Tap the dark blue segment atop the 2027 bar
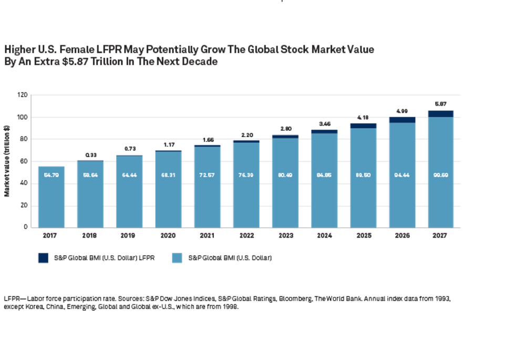click(440, 114)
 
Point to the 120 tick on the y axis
click(22, 95)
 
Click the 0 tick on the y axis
click(25, 228)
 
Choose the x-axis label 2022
click(246, 236)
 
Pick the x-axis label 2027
click(440, 236)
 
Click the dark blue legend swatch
click(43, 258)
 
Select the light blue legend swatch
click(177, 258)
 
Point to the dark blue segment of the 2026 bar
click(401, 120)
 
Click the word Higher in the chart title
click(19, 50)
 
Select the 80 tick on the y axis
click(24, 139)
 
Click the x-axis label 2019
click(129, 236)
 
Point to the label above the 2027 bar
click(440, 104)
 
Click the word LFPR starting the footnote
click(12, 298)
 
